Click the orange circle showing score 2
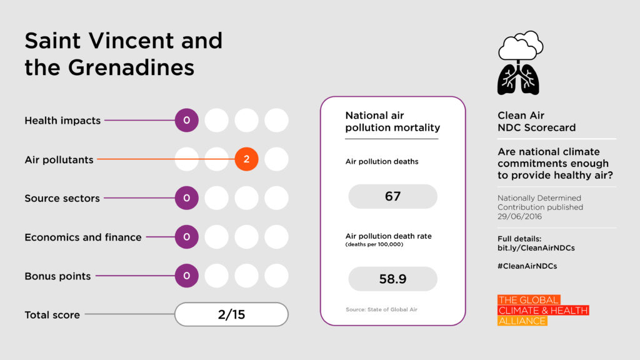(246, 159)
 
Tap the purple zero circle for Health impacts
(186, 121)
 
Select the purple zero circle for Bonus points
(186, 276)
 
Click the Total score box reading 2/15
(231, 314)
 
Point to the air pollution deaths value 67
(392, 196)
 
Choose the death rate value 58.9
(392, 279)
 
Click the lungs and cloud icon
(519, 62)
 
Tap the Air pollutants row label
(59, 159)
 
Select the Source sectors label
(62, 198)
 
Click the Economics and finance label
(83, 237)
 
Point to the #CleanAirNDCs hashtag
(527, 266)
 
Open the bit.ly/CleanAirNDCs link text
(536, 247)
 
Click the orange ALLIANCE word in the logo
(522, 321)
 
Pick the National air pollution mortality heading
(392, 122)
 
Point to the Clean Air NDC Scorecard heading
(536, 122)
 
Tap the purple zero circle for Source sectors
(186, 198)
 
